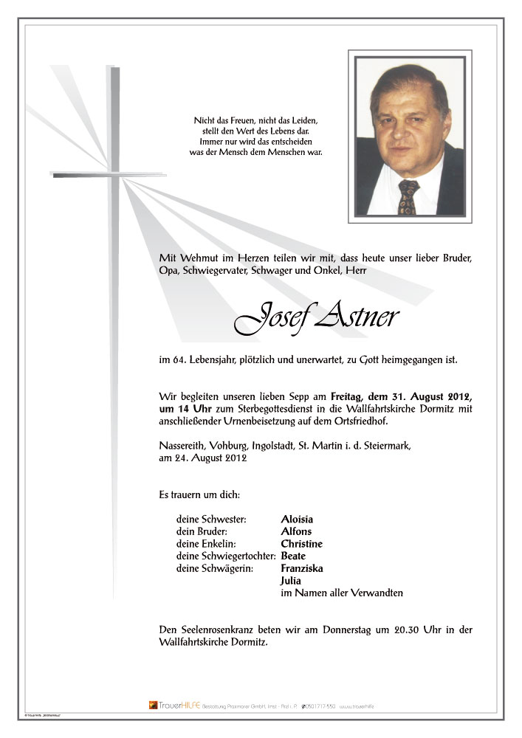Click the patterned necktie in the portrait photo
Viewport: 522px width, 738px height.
coord(408,197)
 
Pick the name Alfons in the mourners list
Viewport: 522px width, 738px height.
coord(296,531)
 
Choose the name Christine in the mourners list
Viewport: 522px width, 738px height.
coord(301,544)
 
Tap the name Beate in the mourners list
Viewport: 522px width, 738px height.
coord(293,556)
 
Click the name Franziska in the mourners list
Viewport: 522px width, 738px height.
coord(302,568)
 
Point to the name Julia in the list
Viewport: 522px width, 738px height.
coord(291,581)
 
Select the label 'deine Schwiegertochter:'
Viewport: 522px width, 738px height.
coord(226,556)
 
